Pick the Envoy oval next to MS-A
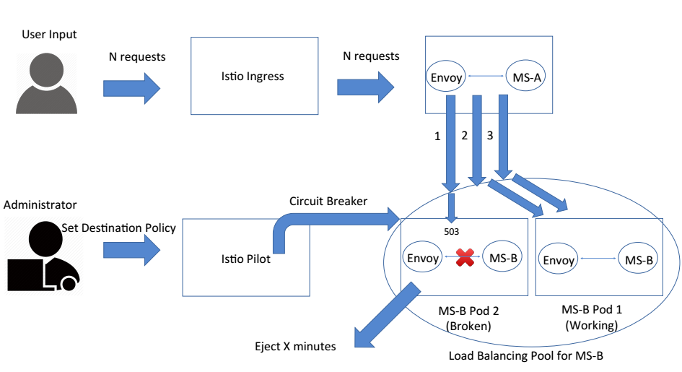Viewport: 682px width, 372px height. tap(446, 77)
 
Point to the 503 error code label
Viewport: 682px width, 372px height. tap(452, 232)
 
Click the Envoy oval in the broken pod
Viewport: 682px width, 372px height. tap(422, 259)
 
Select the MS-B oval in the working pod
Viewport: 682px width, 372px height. tap(639, 261)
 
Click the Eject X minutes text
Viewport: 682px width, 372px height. tap(296, 346)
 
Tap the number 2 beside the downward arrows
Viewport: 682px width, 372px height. tap(464, 135)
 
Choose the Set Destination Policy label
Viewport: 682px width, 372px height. tap(118, 228)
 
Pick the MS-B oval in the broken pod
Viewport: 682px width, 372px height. tap(502, 259)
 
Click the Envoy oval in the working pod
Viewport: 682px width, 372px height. tap(558, 261)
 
